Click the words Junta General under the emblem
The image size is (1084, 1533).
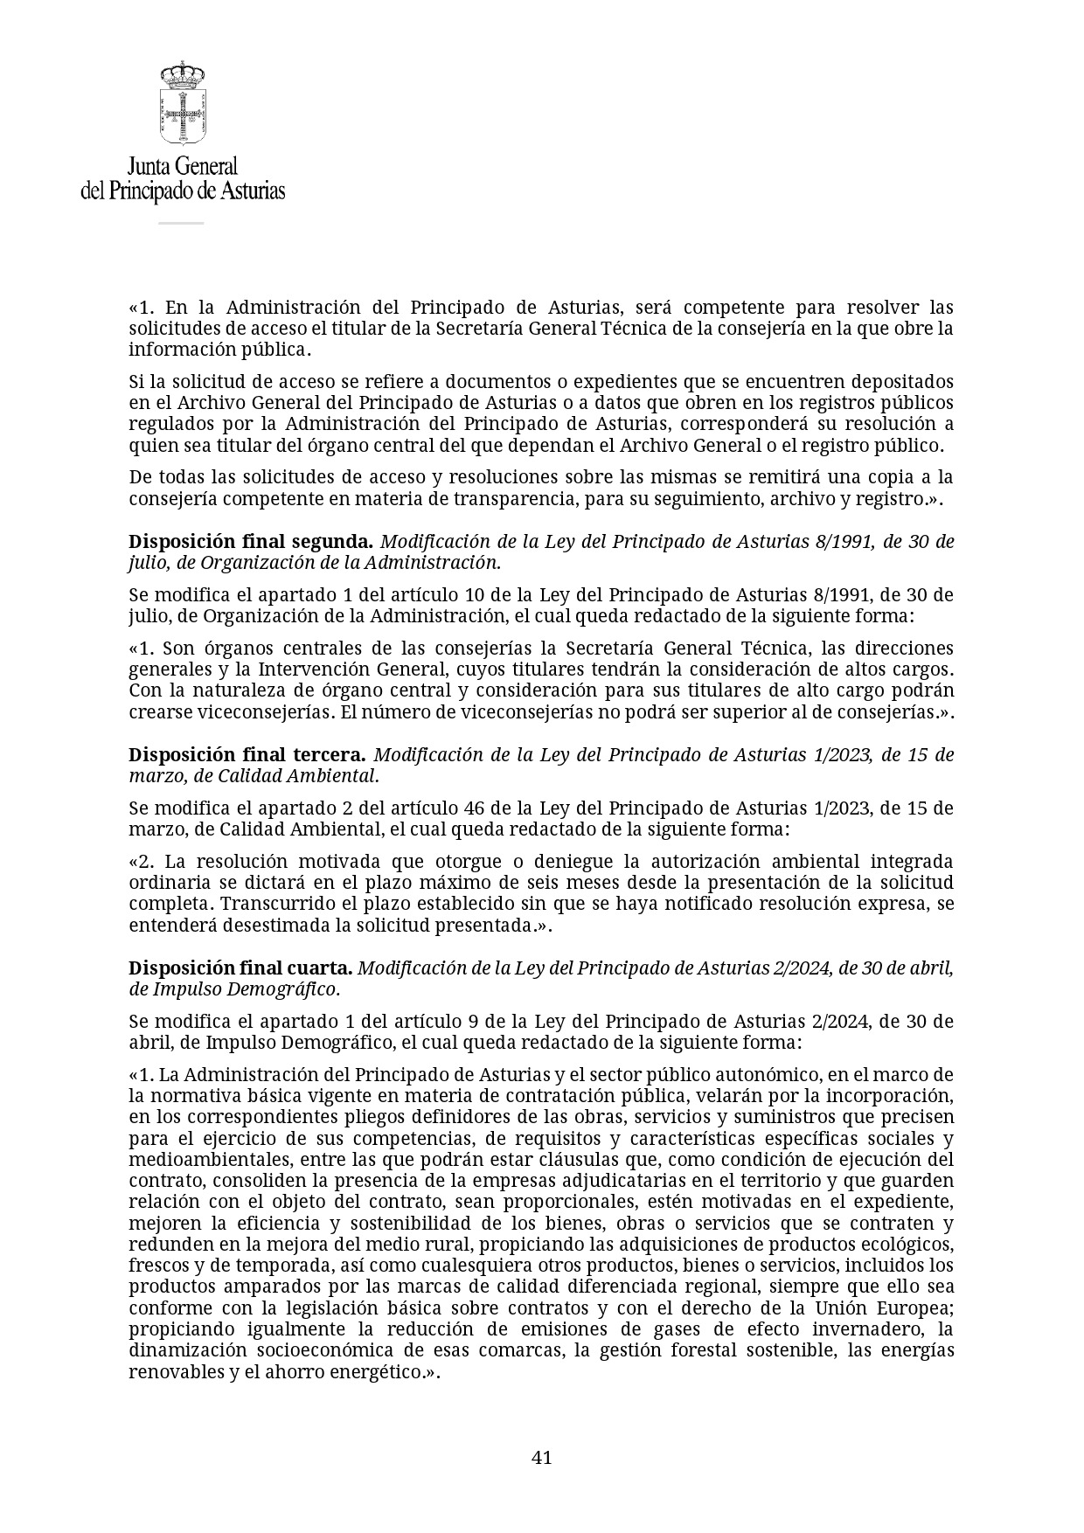coord(183,166)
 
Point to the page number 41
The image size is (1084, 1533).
coord(542,1457)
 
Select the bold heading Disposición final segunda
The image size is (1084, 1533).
coord(251,541)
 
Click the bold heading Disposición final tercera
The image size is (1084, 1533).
coord(247,754)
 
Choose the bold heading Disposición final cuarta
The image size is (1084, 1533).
coord(240,968)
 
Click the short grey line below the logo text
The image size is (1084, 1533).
coord(181,224)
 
